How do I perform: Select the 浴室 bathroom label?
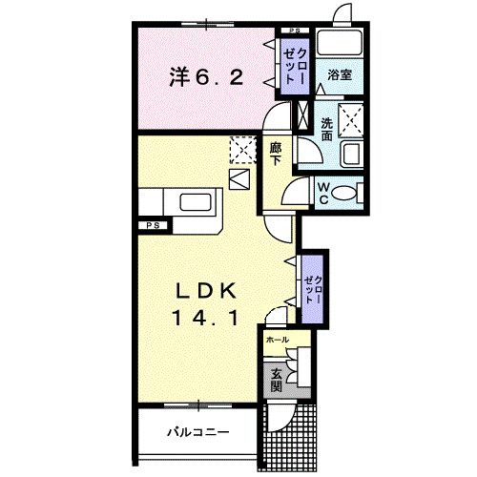click(x=341, y=74)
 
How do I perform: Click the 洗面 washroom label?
click(x=326, y=129)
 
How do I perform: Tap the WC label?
click(x=322, y=193)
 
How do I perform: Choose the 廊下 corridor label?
click(x=275, y=155)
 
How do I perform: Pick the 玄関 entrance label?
click(x=276, y=380)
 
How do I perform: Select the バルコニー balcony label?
click(x=198, y=432)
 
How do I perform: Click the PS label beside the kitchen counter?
click(x=153, y=225)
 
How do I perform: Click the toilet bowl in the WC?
click(x=347, y=193)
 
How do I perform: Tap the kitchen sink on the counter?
click(x=196, y=202)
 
